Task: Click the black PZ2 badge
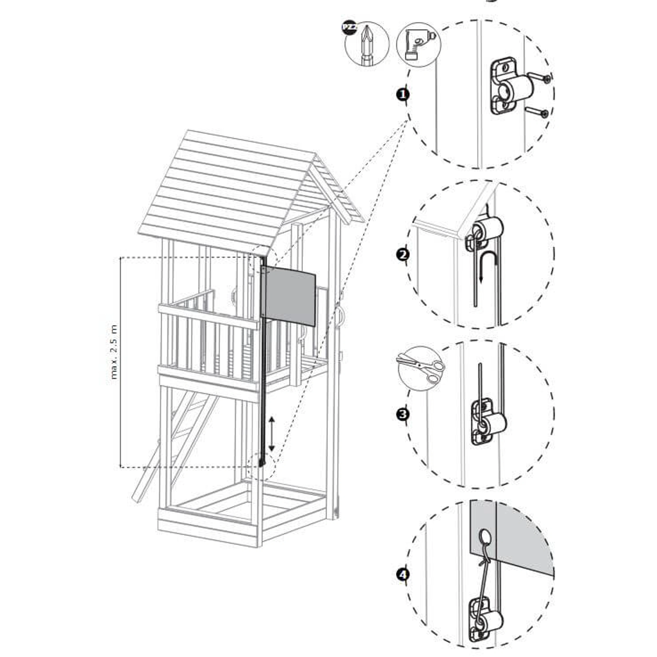coord(350,27)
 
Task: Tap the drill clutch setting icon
coord(419,44)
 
